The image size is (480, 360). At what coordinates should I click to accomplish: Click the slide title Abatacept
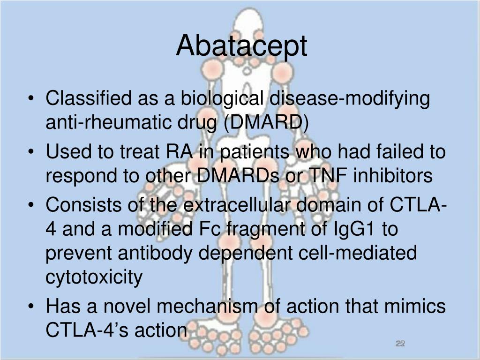(241, 46)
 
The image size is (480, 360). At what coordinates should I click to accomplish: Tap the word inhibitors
(392, 176)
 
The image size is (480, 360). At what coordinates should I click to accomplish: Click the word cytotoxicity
(94, 277)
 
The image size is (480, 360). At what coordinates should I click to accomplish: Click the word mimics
(414, 307)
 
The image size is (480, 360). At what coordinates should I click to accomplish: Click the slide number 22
(400, 344)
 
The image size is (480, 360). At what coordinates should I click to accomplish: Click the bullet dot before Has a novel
(31, 307)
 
